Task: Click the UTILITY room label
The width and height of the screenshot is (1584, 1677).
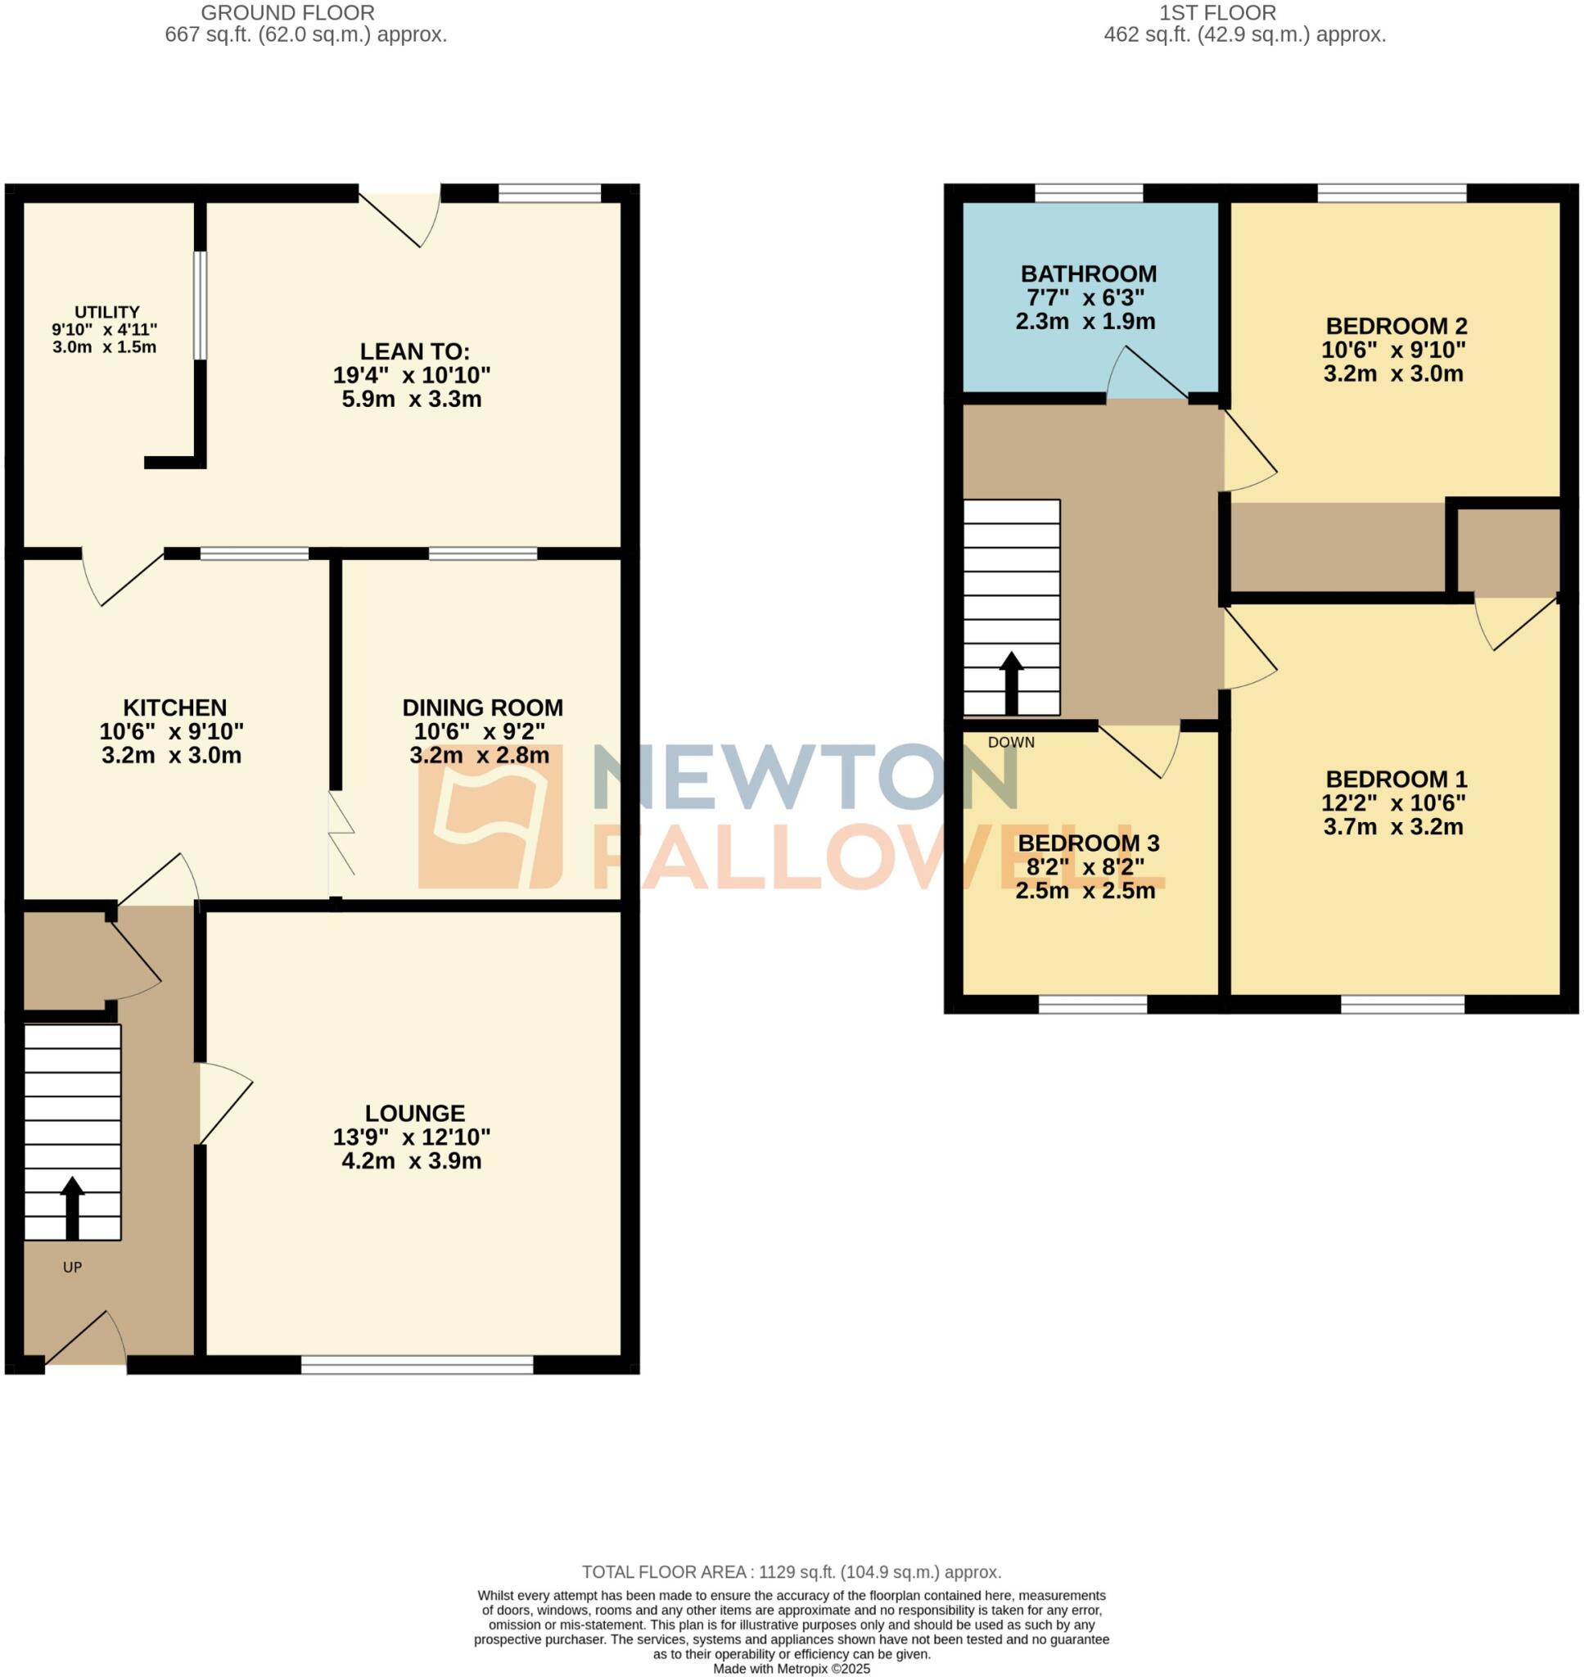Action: click(106, 312)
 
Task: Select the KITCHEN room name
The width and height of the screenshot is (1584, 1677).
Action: click(175, 707)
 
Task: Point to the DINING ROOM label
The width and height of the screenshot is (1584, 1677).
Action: click(482, 707)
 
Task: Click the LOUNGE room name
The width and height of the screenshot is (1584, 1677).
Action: click(414, 1113)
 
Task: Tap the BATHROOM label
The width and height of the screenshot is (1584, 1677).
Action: click(1089, 273)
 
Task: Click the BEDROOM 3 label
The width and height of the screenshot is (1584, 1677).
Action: click(1089, 843)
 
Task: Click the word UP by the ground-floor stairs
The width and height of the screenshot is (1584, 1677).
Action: click(73, 1267)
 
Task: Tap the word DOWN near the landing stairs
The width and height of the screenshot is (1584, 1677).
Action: click(1011, 742)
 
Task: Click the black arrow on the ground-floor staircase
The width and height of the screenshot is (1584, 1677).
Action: click(73, 1208)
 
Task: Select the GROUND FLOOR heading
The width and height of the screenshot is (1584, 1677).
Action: click(288, 12)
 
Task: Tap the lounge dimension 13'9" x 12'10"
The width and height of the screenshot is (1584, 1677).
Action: click(412, 1137)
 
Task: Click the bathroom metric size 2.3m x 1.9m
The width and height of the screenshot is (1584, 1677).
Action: click(1085, 321)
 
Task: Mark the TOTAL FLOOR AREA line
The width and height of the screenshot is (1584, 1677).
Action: click(791, 1572)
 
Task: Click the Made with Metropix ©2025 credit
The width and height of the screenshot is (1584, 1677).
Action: click(791, 1669)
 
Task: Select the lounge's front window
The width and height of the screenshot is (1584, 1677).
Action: click(417, 1364)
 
